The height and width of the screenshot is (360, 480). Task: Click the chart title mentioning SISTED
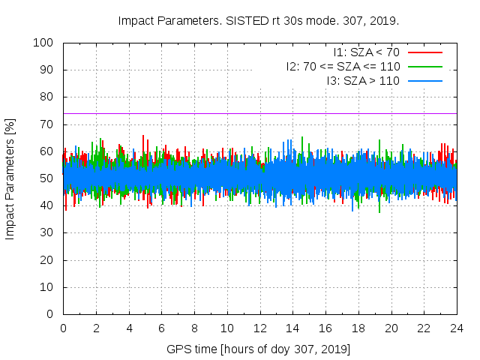[259, 20]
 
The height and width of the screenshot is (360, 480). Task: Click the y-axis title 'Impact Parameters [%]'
[10, 178]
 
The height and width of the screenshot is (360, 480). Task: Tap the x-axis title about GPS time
[259, 349]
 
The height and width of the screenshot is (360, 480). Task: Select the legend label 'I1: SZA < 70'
[366, 52]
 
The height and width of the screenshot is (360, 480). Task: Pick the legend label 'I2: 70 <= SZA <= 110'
[343, 67]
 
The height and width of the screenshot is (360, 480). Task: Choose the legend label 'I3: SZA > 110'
[363, 81]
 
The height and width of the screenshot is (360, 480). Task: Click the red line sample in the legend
[425, 52]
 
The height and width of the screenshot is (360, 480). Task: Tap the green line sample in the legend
[425, 67]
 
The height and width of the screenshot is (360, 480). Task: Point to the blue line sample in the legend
[425, 81]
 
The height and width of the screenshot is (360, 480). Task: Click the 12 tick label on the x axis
[259, 328]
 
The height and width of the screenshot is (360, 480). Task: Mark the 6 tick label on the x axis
[161, 328]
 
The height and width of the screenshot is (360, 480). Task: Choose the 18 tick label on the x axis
[358, 328]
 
